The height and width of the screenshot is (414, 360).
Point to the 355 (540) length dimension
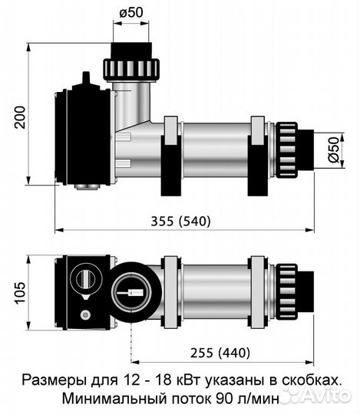[x=182, y=221]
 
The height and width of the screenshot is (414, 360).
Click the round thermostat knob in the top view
[x=85, y=278]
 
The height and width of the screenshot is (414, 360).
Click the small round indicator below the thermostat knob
[x=85, y=314]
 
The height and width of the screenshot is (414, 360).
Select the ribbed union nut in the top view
[x=286, y=291]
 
